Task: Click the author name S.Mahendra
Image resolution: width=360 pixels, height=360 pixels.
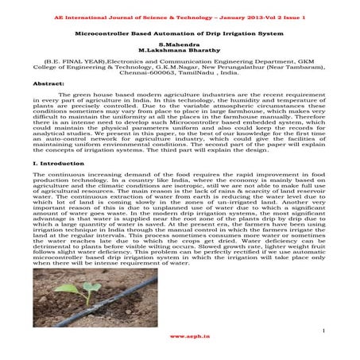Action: point(180,47)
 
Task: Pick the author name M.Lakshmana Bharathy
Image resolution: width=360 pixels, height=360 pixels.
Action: point(180,53)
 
